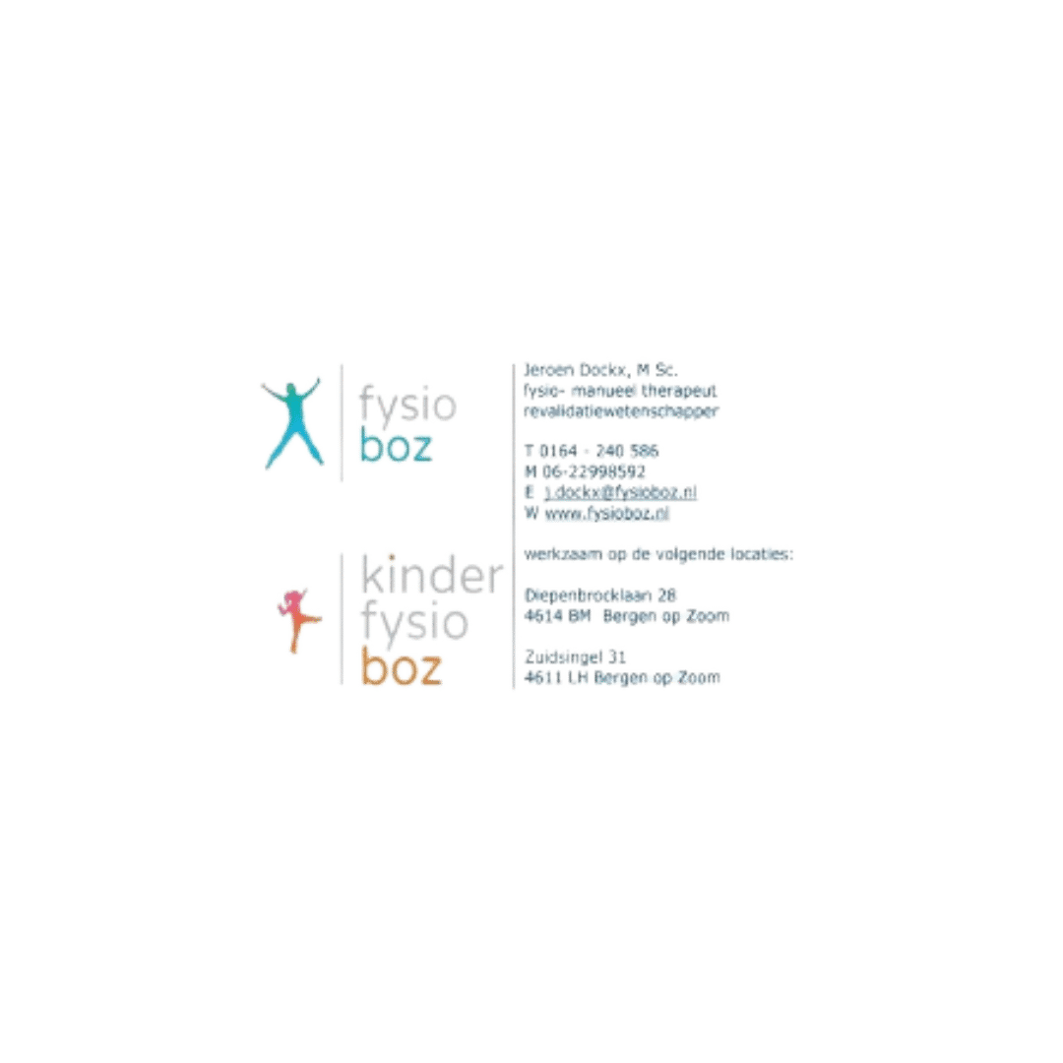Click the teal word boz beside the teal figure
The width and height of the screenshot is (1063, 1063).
(x=396, y=446)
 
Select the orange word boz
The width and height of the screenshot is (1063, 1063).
(x=402, y=666)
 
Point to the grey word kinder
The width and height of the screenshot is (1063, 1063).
(x=432, y=574)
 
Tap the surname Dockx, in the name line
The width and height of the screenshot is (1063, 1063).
(x=605, y=370)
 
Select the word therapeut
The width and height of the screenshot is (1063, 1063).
(x=679, y=391)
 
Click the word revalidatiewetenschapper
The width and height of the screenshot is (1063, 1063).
(x=621, y=411)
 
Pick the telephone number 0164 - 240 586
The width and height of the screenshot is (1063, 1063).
(x=599, y=452)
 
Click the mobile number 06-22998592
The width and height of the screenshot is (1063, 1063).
(x=594, y=471)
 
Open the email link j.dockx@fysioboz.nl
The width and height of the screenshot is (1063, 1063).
(x=620, y=493)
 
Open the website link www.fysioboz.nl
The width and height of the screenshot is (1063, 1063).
(x=607, y=513)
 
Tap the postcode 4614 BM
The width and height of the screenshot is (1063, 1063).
(x=557, y=616)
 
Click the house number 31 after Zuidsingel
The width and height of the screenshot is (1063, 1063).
(x=617, y=657)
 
